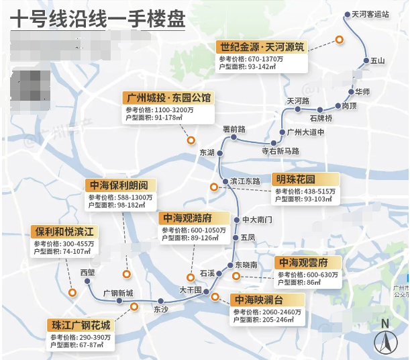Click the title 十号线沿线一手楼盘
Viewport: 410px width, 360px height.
tap(98, 19)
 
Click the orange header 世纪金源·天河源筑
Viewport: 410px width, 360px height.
tap(261, 47)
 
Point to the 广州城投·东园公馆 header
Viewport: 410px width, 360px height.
tap(167, 97)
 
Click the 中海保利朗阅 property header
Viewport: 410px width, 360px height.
tap(120, 185)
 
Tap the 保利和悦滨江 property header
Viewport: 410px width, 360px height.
tap(64, 232)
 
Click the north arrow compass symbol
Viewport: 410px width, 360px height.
tap(385, 339)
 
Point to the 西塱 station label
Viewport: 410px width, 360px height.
tap(87, 273)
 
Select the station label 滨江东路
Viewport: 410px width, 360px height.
tap(244, 181)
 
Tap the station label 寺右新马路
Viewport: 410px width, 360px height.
tap(280, 151)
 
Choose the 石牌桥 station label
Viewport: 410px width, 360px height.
tap(321, 118)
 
